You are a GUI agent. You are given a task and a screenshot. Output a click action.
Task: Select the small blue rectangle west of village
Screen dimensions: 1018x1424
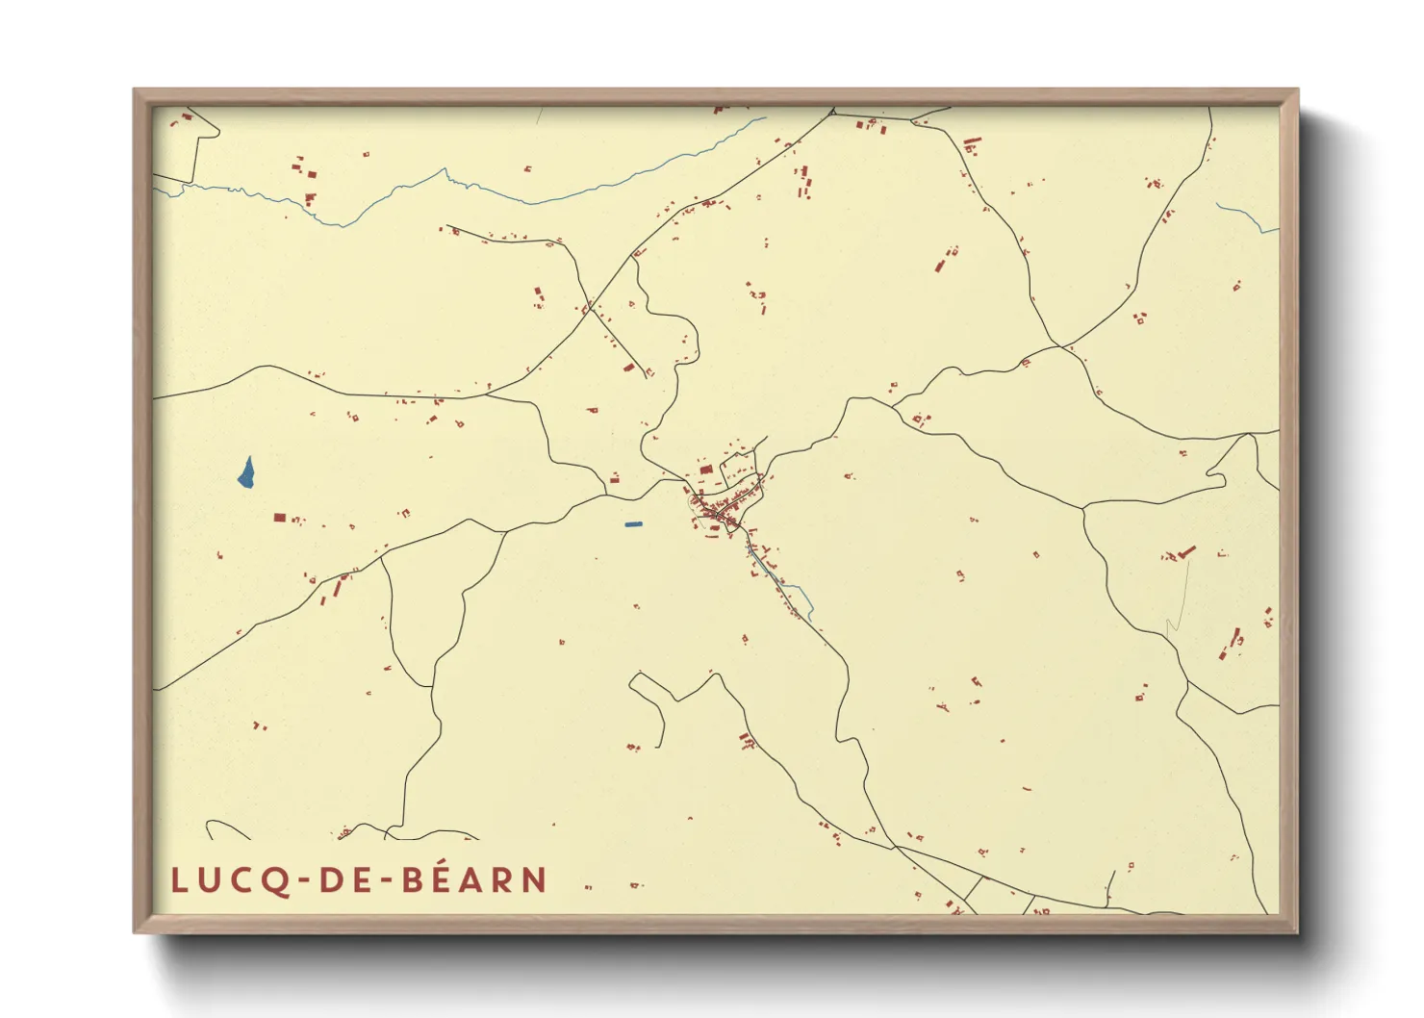pos(632,524)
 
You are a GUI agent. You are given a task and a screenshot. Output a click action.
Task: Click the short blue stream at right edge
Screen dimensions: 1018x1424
pos(1246,216)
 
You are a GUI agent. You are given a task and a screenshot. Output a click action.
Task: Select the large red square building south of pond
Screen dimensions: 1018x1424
pos(279,518)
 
